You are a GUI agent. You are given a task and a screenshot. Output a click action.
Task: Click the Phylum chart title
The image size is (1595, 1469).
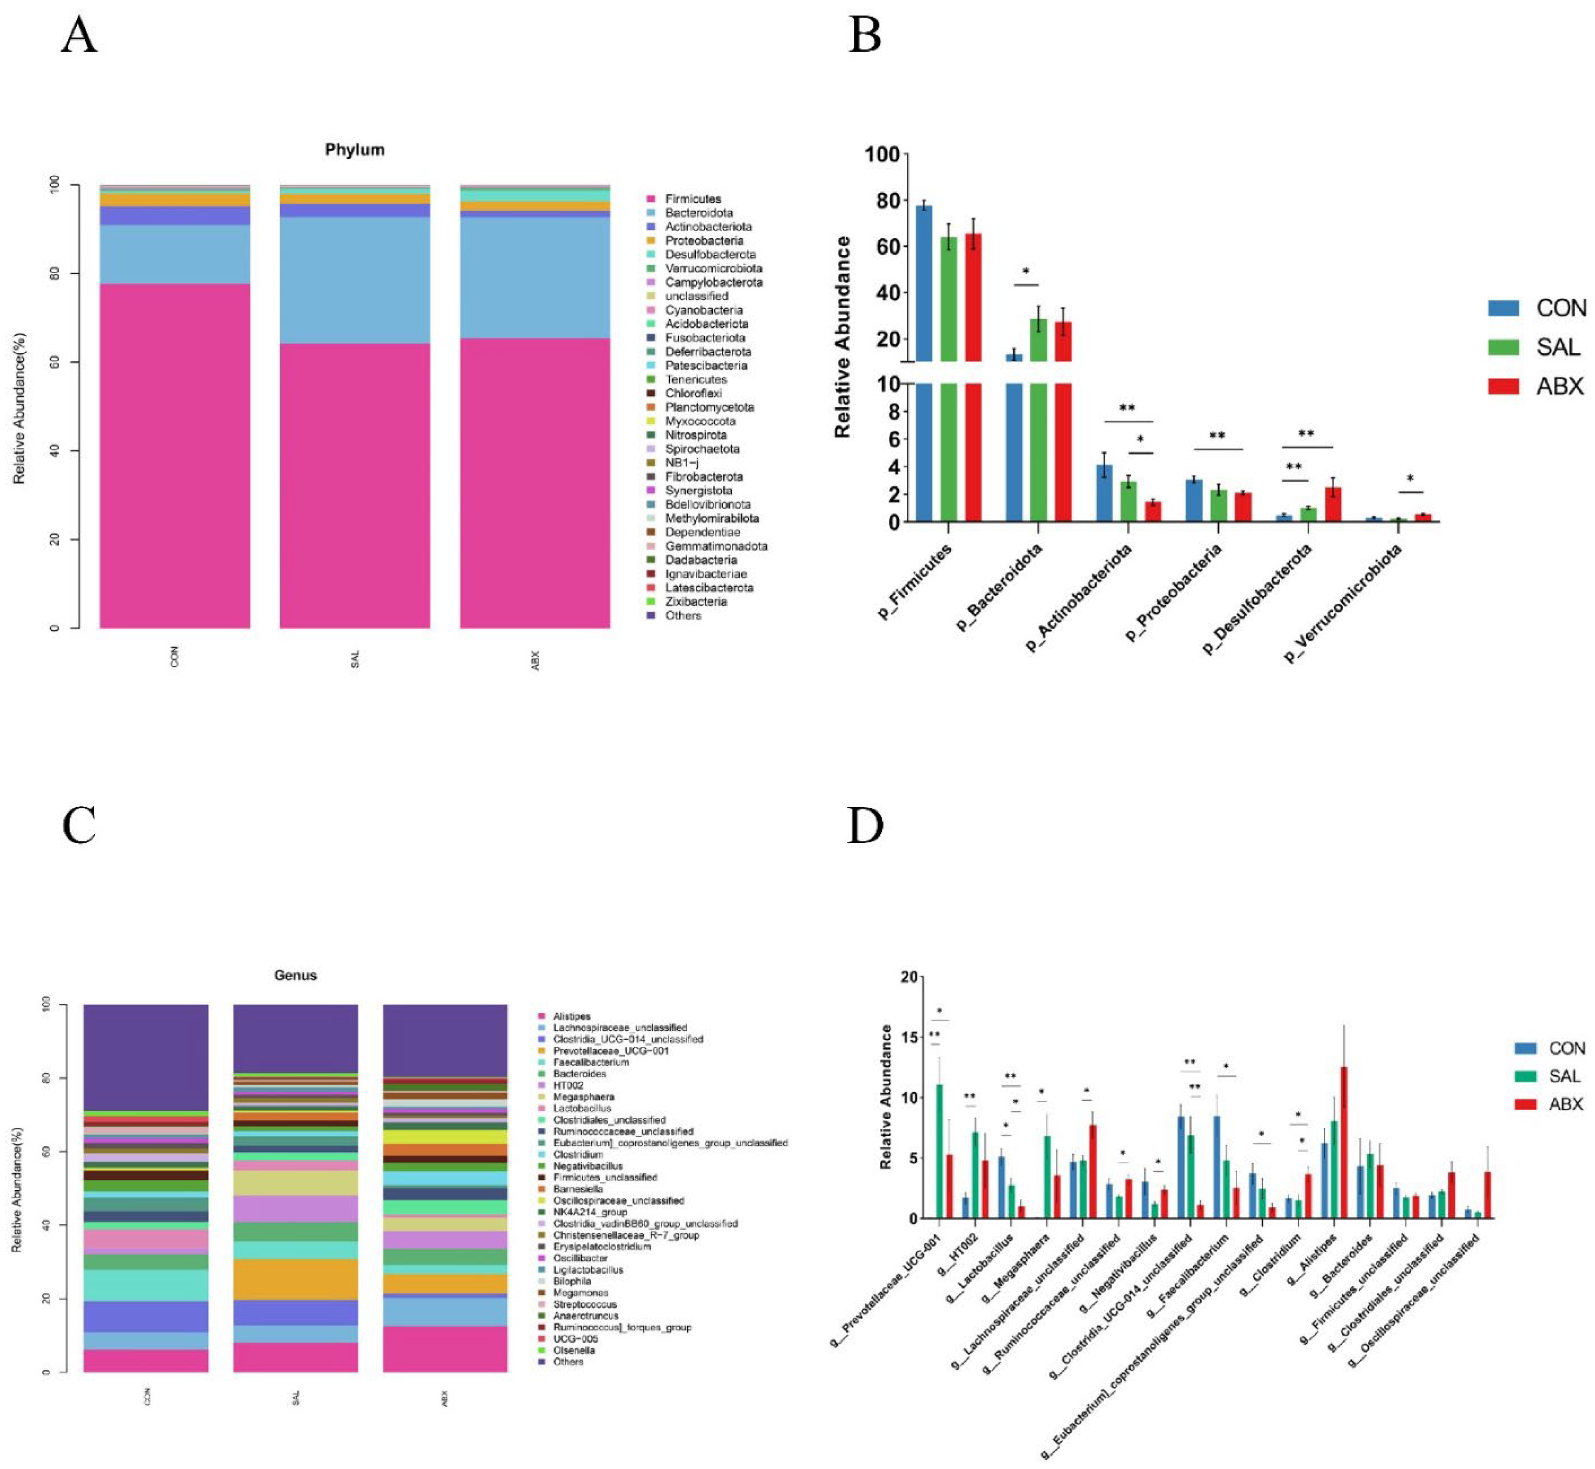354,149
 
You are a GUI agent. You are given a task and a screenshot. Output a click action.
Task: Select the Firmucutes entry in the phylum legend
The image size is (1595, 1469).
692,199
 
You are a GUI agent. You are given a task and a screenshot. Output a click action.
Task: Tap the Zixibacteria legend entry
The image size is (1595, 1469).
695,602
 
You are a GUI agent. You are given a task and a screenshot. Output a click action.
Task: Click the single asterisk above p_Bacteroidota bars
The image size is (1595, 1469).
1026,272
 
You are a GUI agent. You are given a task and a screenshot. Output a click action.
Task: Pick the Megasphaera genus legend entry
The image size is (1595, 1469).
583,1097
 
